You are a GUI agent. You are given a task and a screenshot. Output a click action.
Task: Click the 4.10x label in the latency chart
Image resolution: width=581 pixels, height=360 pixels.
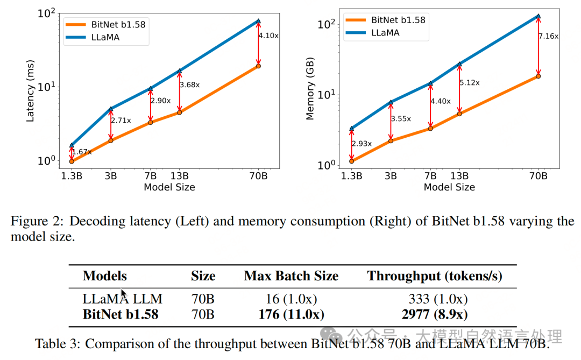coord(267,36)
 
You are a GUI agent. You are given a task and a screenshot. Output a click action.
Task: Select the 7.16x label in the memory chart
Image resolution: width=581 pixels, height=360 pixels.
coord(549,36)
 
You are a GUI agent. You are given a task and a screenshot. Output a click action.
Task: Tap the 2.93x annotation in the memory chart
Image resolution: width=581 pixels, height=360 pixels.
coord(362,144)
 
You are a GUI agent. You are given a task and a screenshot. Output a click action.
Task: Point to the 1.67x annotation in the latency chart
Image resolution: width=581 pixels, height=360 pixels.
coord(81,152)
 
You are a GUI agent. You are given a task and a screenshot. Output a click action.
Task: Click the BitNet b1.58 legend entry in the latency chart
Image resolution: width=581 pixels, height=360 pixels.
coord(105,24)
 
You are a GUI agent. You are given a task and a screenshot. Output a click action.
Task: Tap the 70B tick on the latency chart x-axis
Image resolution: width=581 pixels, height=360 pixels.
coord(258,176)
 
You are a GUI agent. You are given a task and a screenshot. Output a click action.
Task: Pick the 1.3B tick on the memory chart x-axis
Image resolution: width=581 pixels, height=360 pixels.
coord(351,176)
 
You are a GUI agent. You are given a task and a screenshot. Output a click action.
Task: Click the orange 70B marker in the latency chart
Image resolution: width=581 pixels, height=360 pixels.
coord(258,66)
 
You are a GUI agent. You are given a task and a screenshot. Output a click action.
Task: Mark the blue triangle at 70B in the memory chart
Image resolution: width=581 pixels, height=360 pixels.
coord(539,17)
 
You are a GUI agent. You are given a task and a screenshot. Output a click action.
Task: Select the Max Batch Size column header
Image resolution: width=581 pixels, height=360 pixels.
coord(291,277)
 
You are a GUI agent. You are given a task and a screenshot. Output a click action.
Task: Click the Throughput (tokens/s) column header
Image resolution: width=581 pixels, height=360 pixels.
coord(435,277)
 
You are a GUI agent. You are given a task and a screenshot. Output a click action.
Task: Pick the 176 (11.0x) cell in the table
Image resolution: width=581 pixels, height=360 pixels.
coord(291,314)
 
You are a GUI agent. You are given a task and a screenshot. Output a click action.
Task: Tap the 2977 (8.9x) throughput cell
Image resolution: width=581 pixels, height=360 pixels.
coord(435,314)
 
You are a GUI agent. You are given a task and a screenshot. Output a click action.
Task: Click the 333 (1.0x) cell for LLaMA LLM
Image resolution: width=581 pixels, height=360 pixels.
coord(438,299)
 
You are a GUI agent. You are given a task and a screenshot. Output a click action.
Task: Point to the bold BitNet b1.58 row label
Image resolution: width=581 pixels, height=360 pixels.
coord(121,314)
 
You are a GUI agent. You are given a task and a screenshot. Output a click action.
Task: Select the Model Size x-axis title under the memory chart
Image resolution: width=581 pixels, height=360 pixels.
coord(449,187)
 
